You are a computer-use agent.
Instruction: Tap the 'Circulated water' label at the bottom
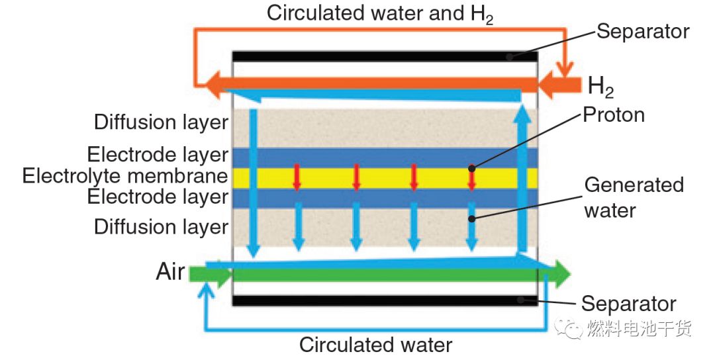tap(375, 345)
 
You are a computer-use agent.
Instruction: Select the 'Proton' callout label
tap(614, 115)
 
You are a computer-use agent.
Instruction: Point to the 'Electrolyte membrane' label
tap(125, 176)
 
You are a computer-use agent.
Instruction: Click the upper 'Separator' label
tap(643, 31)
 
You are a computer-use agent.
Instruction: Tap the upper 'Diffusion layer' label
tap(161, 122)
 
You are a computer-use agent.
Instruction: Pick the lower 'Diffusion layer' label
tap(161, 227)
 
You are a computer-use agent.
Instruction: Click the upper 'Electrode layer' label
tap(158, 155)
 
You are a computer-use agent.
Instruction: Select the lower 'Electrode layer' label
tap(158, 197)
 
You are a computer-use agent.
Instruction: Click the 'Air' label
tap(170, 271)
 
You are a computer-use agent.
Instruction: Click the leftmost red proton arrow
tap(297, 177)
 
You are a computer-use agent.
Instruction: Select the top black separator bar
tap(384, 57)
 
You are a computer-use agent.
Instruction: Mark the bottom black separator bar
tap(384, 300)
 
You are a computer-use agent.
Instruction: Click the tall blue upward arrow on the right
tap(523, 179)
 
